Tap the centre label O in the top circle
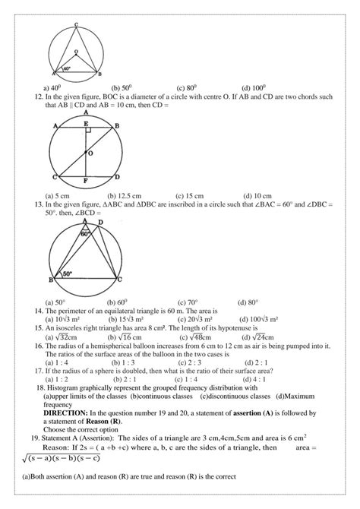pos(75,52)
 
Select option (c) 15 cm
pos(190,194)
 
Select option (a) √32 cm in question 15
pos(62,337)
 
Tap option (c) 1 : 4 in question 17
pos(190,378)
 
